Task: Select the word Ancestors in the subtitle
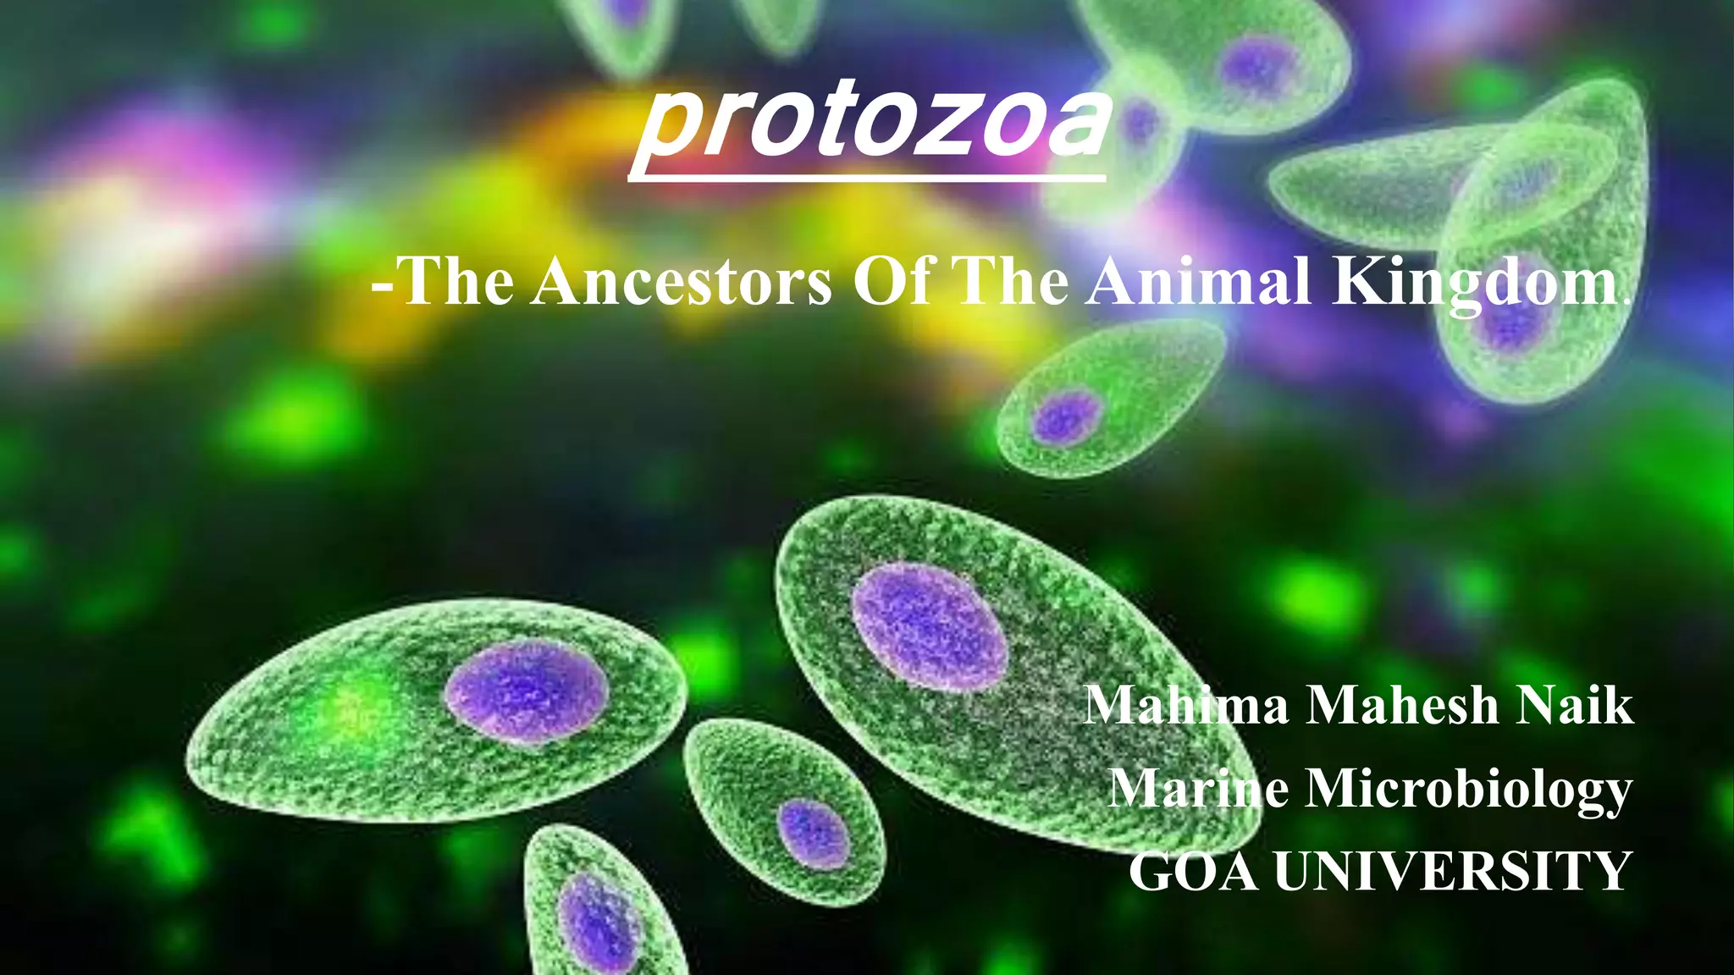tap(682, 282)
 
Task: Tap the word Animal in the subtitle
tap(1200, 282)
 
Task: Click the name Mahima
tap(1186, 705)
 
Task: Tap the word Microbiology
tap(1468, 790)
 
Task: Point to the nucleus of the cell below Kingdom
tap(1067, 416)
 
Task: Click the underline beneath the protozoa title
tap(866, 177)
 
